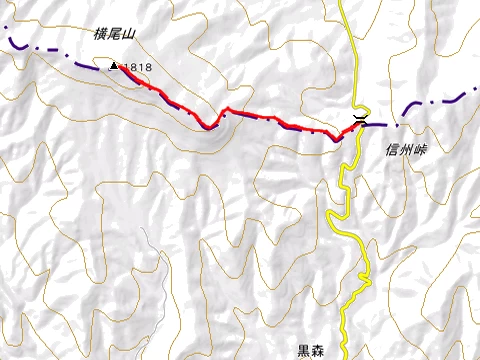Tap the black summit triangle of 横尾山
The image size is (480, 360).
point(114,66)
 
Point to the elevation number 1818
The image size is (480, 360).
point(139,67)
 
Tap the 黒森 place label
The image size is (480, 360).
point(311,351)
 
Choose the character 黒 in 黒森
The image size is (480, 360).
point(304,351)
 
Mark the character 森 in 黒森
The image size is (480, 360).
point(318,351)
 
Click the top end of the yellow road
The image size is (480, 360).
point(340,2)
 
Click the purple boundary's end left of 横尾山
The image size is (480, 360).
point(3,39)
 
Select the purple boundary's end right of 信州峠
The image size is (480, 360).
point(477,91)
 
